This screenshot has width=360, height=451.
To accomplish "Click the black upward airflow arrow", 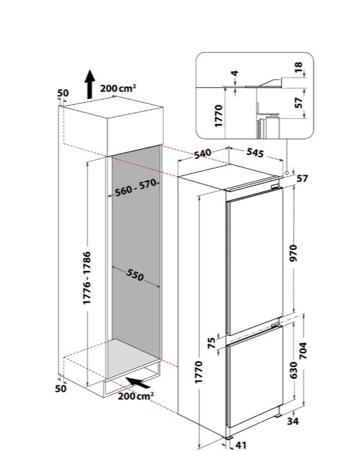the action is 90,84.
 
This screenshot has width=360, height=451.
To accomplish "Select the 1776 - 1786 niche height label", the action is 87,278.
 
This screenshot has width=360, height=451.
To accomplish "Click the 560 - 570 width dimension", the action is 136,187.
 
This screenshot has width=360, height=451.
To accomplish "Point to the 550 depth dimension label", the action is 135,275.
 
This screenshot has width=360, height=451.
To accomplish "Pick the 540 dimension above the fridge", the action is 203,154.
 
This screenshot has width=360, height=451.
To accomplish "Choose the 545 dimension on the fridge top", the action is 255,153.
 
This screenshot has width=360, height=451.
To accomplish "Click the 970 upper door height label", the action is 293,253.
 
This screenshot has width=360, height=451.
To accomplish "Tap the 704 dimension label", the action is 303,351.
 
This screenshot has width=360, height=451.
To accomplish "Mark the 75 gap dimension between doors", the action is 212,343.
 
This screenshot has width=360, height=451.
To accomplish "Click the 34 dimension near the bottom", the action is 292,421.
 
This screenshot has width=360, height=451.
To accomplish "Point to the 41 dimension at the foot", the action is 241,445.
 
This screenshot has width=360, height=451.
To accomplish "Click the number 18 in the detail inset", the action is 299,67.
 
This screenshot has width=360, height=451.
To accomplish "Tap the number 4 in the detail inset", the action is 235,73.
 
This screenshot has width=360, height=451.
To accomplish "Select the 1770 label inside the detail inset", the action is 219,116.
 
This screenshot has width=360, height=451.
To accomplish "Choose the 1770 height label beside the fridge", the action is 199,372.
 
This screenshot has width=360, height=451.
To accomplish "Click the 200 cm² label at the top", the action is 118,88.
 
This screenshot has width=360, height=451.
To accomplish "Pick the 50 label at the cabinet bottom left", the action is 60,389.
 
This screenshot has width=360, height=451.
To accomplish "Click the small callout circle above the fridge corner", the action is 287,173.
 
